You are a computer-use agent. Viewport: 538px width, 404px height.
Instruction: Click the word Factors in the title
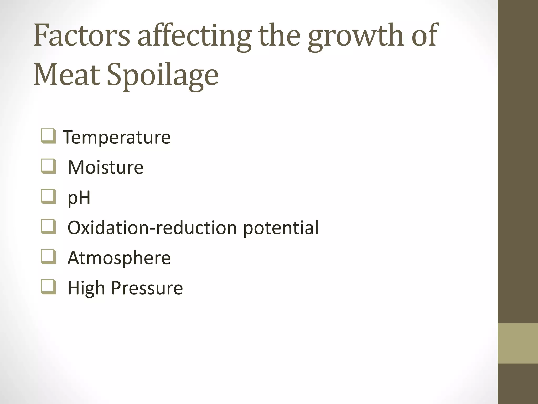(x=82, y=36)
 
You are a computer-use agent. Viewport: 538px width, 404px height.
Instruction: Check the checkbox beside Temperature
(x=48, y=136)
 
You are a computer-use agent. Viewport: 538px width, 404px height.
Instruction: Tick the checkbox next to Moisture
(x=48, y=166)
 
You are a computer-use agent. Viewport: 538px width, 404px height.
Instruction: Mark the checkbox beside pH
(x=48, y=196)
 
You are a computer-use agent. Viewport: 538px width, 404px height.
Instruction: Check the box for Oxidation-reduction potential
(x=48, y=226)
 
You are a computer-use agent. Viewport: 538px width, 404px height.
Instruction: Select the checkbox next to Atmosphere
(x=48, y=257)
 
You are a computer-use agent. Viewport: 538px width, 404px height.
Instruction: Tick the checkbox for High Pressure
(x=48, y=287)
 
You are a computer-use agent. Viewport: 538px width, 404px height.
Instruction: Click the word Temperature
(x=117, y=137)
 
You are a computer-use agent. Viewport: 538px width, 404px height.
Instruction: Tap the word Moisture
(x=106, y=167)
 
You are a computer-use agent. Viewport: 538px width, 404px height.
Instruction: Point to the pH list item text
(x=79, y=198)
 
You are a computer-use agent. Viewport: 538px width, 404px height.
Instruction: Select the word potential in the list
(x=281, y=228)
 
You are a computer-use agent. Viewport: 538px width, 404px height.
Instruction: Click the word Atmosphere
(x=119, y=258)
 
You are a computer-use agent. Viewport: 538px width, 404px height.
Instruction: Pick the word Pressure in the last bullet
(x=147, y=288)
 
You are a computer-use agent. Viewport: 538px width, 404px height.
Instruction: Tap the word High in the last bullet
(x=87, y=288)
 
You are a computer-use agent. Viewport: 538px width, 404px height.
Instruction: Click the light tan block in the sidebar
(x=518, y=343)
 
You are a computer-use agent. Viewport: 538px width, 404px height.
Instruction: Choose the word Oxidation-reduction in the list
(x=152, y=228)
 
